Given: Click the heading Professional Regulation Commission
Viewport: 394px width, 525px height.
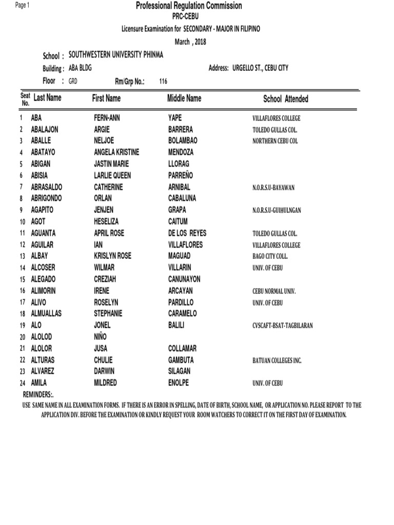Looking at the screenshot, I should [188, 6].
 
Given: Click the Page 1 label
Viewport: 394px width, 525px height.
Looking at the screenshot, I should [23, 5].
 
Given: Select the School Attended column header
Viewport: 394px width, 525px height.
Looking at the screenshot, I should [285, 99].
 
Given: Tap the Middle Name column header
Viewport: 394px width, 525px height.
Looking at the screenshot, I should [184, 98].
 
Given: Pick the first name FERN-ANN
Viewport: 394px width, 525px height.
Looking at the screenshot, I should [107, 118].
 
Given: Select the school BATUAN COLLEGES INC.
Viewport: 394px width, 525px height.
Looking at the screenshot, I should [277, 360].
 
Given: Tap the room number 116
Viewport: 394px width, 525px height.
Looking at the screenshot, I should [163, 81].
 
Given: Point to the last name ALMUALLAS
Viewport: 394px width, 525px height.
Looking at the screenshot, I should [51, 313].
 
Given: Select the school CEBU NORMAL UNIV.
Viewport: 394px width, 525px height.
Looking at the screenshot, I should [274, 291].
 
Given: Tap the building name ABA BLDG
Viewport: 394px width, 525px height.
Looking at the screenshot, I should [80, 68].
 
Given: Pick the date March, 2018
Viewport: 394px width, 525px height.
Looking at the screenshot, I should [190, 42].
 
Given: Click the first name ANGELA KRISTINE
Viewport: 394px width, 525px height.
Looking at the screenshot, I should [116, 152].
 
